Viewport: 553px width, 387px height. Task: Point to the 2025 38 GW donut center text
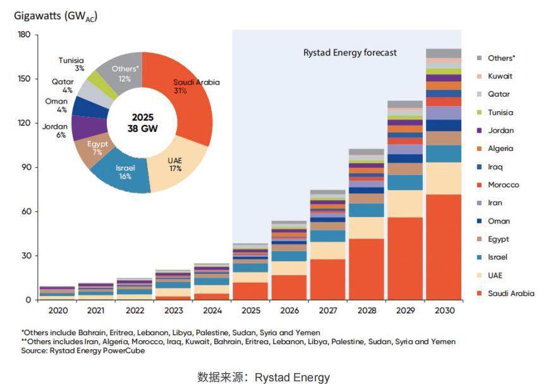(142, 122)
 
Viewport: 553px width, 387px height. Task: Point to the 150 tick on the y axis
(21, 79)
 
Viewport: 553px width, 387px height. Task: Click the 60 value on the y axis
(23, 211)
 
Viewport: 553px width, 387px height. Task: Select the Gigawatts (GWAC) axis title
(55, 16)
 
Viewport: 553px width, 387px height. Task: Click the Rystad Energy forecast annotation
(348, 52)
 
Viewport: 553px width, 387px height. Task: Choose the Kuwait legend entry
(500, 76)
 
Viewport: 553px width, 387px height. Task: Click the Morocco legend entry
(503, 185)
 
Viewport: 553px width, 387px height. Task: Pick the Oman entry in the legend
(499, 221)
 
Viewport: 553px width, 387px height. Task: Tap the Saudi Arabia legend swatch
(478, 294)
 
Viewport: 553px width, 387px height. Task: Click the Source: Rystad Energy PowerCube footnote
(83, 351)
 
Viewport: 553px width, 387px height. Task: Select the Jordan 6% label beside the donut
(55, 130)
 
